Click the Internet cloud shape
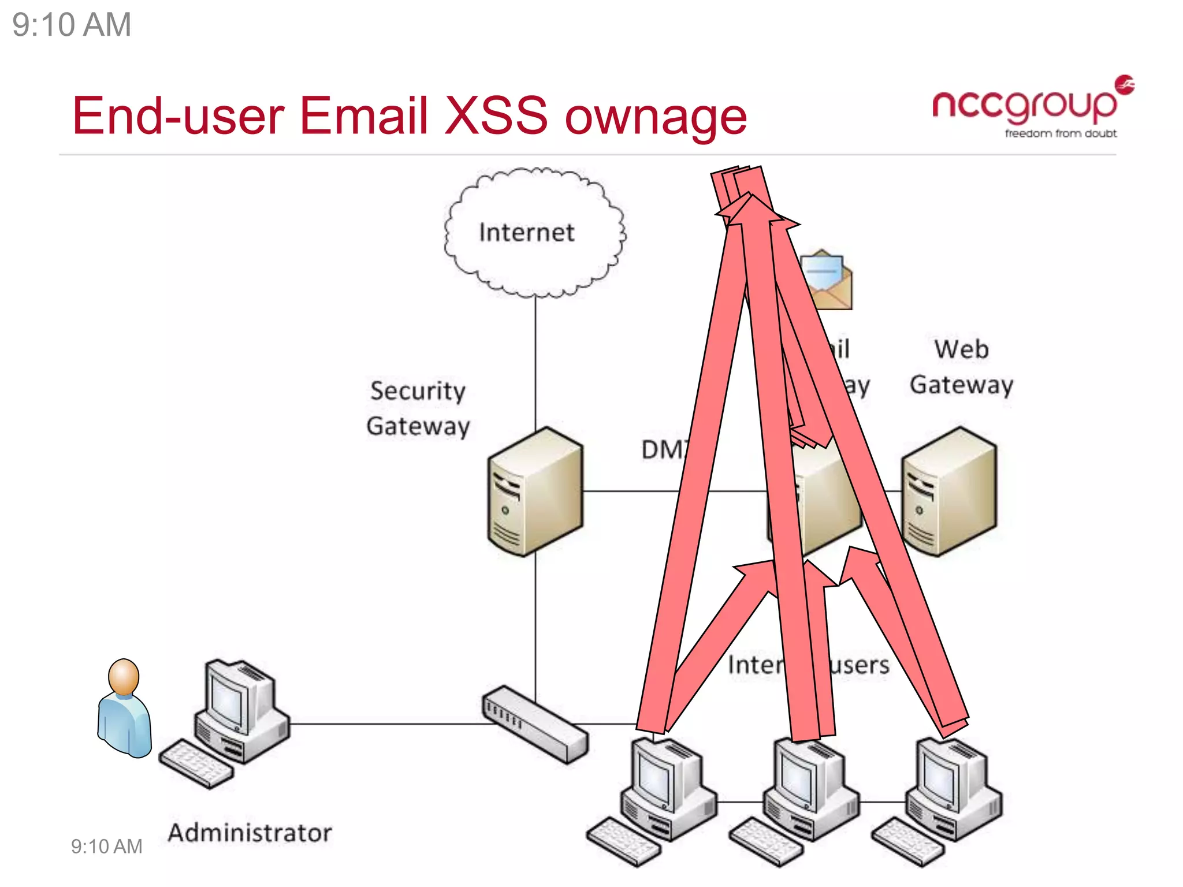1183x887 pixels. click(x=534, y=233)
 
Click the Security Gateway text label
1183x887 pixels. click(x=418, y=408)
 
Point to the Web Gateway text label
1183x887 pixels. click(x=961, y=367)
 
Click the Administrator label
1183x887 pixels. click(x=250, y=833)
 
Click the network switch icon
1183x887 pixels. click(x=534, y=724)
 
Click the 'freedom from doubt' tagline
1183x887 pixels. click(x=1061, y=133)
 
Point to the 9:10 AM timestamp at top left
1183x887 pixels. click(x=72, y=25)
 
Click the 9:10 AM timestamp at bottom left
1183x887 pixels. click(x=106, y=847)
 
